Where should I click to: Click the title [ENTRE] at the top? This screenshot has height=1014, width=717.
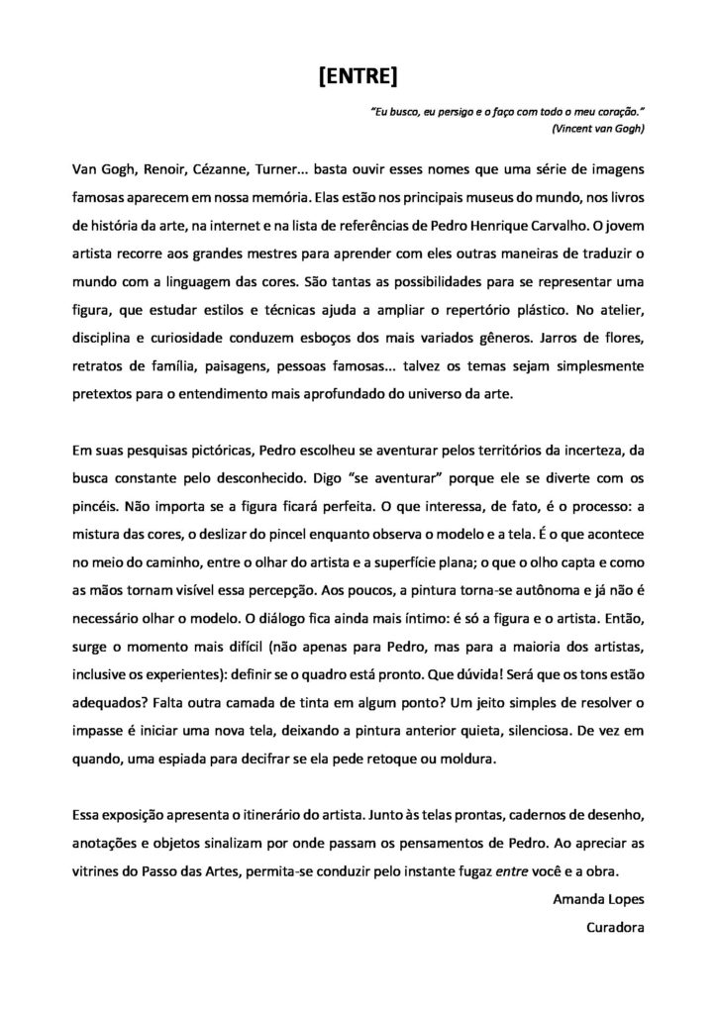[x=358, y=77]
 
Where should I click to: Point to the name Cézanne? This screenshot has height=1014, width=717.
[x=224, y=168]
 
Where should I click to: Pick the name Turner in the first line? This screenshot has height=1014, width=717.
[x=291, y=168]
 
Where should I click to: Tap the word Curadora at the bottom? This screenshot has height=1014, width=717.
[x=616, y=929]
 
